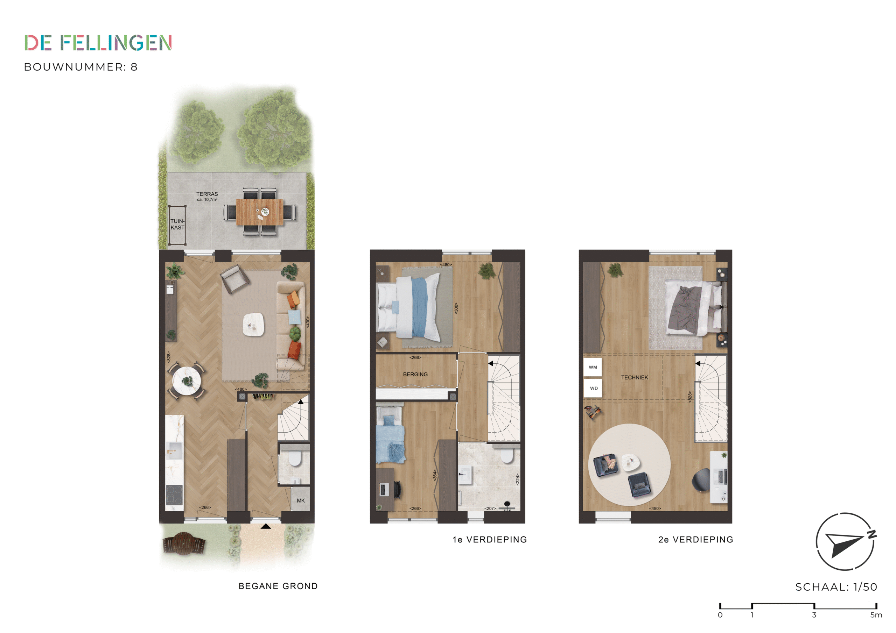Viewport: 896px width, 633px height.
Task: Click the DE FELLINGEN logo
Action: pyautogui.click(x=98, y=43)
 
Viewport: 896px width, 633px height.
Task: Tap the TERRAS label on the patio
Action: pyautogui.click(x=207, y=194)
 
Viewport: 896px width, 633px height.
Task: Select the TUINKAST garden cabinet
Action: pyautogui.click(x=177, y=225)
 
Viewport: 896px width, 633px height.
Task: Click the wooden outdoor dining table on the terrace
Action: pyautogui.click(x=259, y=212)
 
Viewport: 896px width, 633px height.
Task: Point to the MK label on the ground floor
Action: pyautogui.click(x=301, y=500)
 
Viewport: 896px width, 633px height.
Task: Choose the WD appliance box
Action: pyautogui.click(x=593, y=388)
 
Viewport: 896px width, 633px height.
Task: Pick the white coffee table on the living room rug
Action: pyautogui.click(x=253, y=325)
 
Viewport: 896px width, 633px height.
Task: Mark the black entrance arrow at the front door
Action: pyautogui.click(x=266, y=526)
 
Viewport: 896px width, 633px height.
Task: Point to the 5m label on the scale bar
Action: pyautogui.click(x=876, y=615)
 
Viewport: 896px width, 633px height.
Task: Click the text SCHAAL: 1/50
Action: pyautogui.click(x=836, y=587)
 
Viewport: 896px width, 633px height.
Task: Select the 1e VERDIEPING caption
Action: pyautogui.click(x=490, y=539)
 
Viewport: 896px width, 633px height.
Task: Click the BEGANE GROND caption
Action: pyautogui.click(x=278, y=586)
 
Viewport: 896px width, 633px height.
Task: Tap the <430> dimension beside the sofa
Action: pyautogui.click(x=308, y=322)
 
